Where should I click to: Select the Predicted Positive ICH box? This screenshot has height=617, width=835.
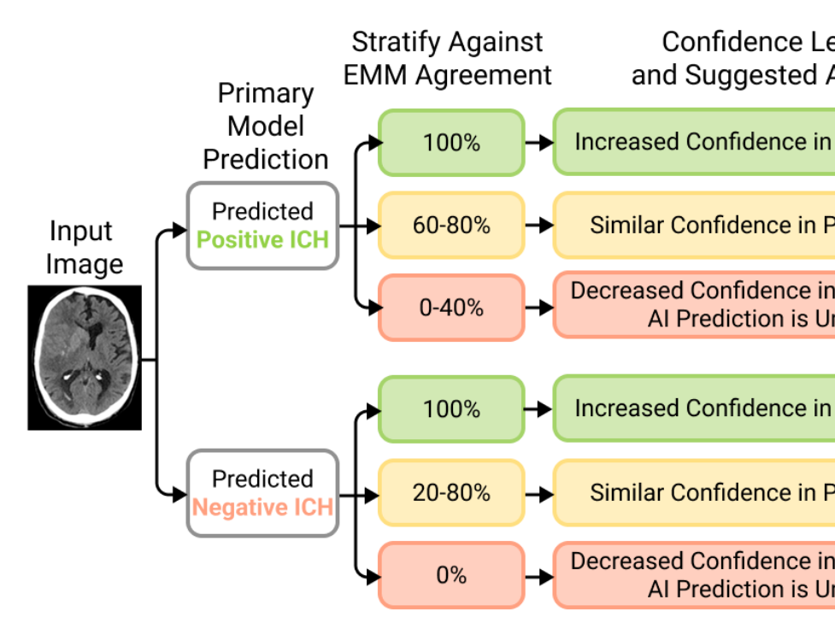coord(262,226)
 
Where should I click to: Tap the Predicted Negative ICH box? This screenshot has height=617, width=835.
coord(262,493)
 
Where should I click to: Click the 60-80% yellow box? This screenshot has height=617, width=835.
coord(450,226)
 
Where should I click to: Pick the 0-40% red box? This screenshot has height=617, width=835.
coord(450,308)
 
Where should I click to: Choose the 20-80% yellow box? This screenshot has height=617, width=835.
coord(450,493)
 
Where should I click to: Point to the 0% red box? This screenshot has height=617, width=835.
coord(450,575)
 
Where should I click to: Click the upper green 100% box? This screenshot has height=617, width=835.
coord(450,143)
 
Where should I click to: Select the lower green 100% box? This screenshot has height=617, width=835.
coord(450,409)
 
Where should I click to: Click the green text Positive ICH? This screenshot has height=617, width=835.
coord(262,239)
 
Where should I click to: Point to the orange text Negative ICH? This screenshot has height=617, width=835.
coord(262,508)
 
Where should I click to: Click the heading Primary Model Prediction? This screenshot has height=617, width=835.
coord(266,126)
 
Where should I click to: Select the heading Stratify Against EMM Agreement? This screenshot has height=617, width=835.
coord(448,58)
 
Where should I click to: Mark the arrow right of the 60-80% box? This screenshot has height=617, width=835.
coord(539,226)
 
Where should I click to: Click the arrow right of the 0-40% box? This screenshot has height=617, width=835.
coord(539,308)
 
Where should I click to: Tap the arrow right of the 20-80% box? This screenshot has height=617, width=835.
coord(539,493)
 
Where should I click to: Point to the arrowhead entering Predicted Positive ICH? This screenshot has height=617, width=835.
coord(179,230)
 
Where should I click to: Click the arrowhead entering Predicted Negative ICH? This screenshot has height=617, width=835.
coord(179,493)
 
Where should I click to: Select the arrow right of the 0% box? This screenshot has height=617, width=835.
coord(539,575)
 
